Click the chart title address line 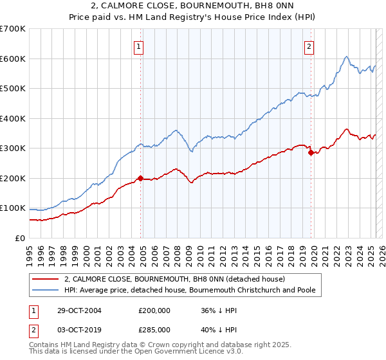pyautogui.click(x=193, y=7)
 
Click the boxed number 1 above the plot pyautogui.click(x=140, y=46)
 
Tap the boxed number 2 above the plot pyautogui.click(x=309, y=46)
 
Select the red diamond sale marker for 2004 pyautogui.click(x=140, y=178)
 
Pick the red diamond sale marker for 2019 pyautogui.click(x=311, y=153)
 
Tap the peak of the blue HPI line pyautogui.click(x=346, y=57)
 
